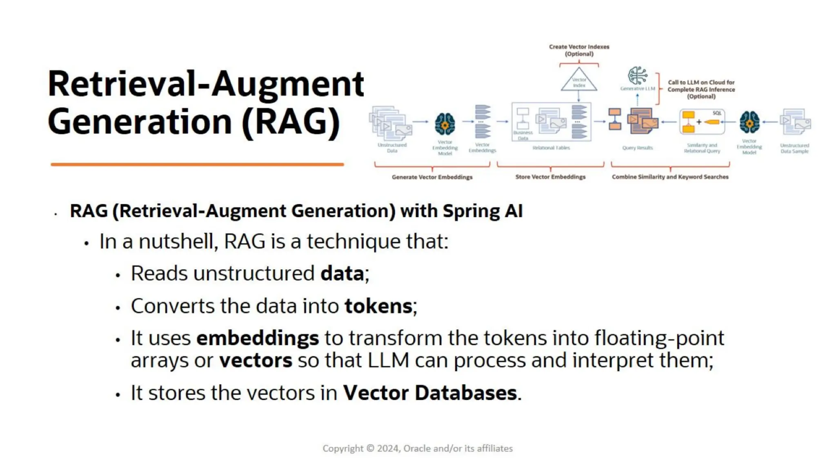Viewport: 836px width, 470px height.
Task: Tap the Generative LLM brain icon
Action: point(637,76)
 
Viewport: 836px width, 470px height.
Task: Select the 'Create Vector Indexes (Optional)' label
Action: point(579,50)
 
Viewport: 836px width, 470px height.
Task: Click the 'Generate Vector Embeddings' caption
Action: point(432,177)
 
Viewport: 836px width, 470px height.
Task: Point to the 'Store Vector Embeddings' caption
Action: point(550,177)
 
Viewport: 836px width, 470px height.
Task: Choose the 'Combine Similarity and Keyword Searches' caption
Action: point(670,177)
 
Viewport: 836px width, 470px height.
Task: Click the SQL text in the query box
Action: point(717,113)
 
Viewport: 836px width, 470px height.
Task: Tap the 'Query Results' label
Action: point(637,148)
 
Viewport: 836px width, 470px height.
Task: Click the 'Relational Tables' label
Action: point(551,148)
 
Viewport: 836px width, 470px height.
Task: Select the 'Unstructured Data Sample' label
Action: point(794,148)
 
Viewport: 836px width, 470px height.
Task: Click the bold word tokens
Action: point(378,306)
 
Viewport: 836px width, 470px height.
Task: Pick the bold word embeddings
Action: point(258,338)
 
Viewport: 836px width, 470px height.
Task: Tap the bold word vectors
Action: point(256,361)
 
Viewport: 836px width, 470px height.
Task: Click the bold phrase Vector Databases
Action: point(430,393)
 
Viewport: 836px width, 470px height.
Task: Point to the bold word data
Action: point(342,273)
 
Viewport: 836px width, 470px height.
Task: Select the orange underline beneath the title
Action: point(197,164)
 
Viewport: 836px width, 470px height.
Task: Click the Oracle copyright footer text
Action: point(417,448)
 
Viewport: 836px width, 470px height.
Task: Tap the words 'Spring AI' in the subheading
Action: point(482,211)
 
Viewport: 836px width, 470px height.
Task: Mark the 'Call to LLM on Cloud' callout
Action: point(701,89)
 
